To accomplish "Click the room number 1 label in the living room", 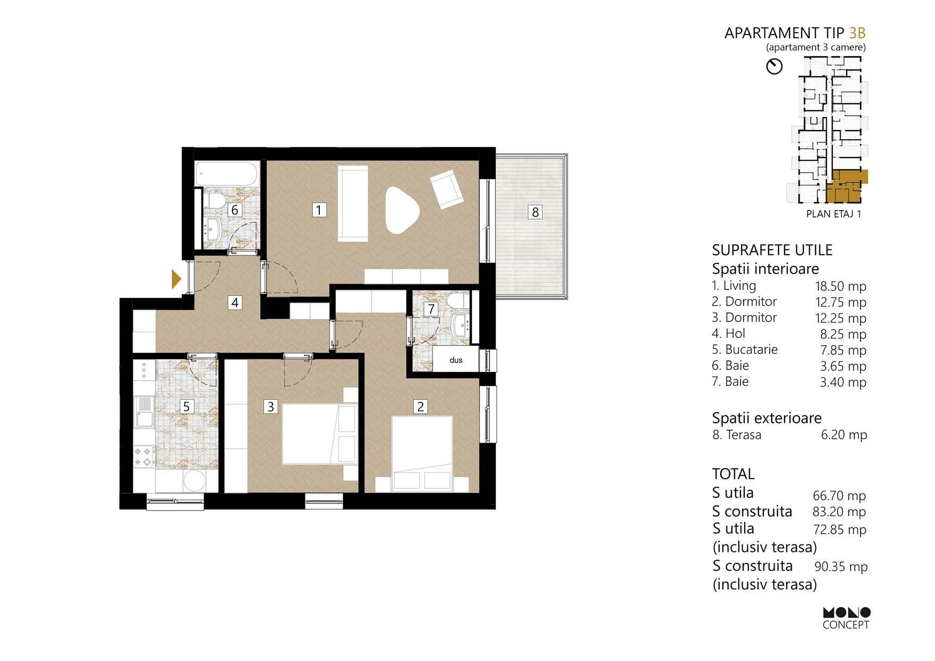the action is coord(319,210).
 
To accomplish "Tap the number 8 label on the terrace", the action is coord(535,212).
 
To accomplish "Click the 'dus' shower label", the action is coord(456,360).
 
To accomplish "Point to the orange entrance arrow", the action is coord(176,279).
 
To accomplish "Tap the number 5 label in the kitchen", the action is coord(186,407).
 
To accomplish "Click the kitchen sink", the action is coord(144,413).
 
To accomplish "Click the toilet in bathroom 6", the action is coord(215,201).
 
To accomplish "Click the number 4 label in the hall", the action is coord(235,303).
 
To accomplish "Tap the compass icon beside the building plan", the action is coord(774,67).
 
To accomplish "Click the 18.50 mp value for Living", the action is coord(841,286).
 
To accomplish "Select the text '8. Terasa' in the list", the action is coord(737,435).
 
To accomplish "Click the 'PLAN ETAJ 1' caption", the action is coord(834,214).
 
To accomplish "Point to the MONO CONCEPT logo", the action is coord(846,618).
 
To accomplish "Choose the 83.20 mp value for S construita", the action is coord(840,512).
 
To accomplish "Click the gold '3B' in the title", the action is coord(857,33).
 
